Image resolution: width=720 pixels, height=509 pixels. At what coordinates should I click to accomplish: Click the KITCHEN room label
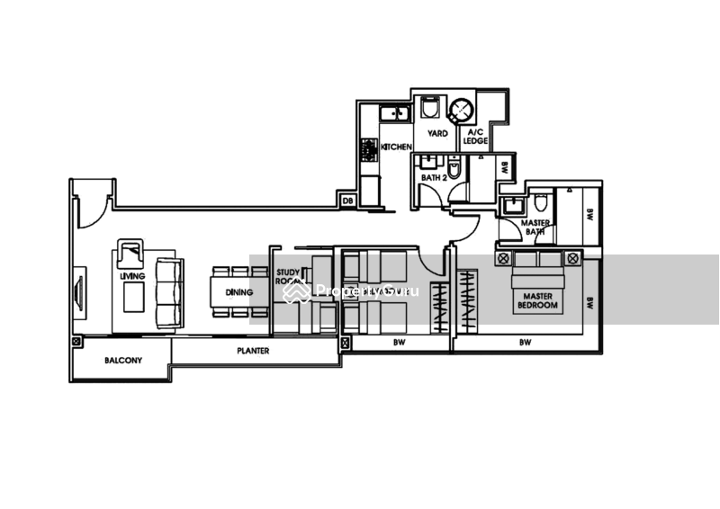click(397, 146)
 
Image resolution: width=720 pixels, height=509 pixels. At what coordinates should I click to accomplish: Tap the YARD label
click(437, 134)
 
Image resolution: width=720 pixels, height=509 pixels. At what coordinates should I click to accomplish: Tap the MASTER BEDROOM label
click(538, 299)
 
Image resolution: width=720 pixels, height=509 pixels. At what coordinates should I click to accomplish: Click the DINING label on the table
click(238, 293)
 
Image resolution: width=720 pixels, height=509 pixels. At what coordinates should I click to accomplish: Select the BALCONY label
click(122, 360)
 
